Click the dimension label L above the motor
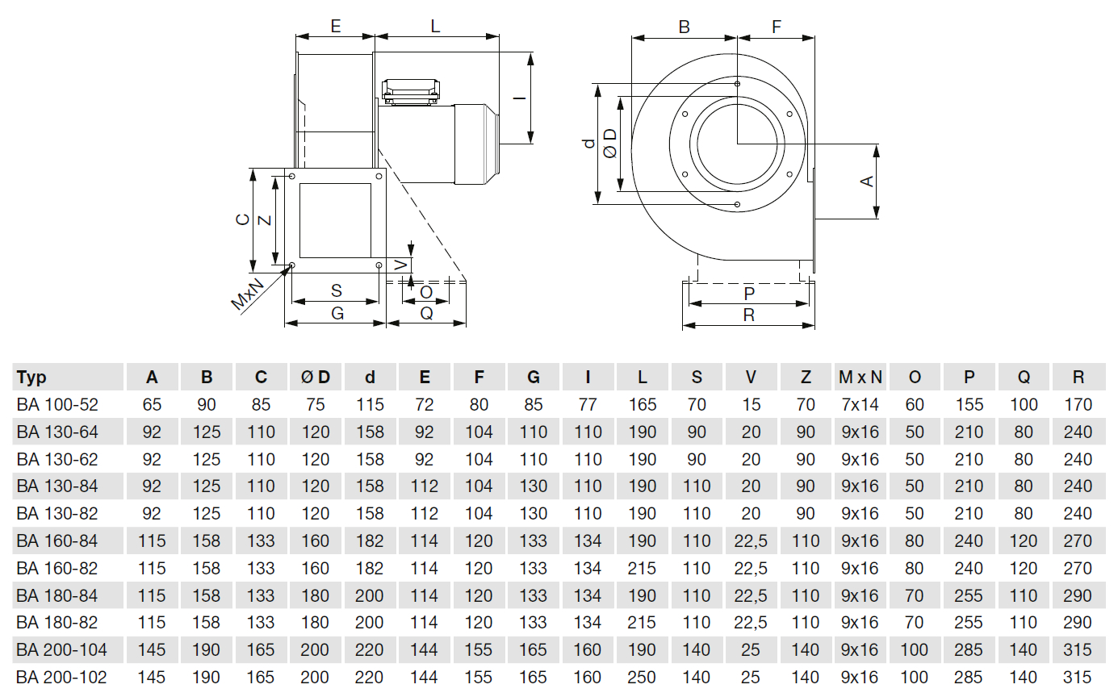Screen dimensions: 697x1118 click(x=435, y=26)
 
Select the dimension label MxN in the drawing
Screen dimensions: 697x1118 click(x=248, y=292)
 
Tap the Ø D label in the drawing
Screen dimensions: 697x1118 click(x=610, y=144)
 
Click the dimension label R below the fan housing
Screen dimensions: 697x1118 click(x=748, y=315)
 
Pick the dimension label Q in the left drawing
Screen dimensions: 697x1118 click(x=426, y=313)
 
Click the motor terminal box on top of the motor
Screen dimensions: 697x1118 click(x=411, y=91)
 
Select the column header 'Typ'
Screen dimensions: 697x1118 click(x=32, y=378)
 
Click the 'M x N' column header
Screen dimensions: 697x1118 click(x=860, y=378)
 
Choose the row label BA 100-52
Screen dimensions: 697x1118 click(x=57, y=405)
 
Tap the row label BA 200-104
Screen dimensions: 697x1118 click(x=61, y=649)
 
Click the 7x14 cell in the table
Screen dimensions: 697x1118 click(x=860, y=405)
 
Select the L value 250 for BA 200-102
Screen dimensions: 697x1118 click(x=643, y=677)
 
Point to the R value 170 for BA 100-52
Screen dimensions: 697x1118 click(x=1078, y=405)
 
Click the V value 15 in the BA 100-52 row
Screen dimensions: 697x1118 click(x=751, y=405)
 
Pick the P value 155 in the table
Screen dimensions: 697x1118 click(x=969, y=405)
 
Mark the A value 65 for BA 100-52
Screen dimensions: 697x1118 click(x=152, y=405)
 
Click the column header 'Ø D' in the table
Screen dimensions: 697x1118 click(x=315, y=378)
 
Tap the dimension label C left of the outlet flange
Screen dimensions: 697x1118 click(x=241, y=219)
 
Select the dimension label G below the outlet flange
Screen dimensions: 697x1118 click(x=337, y=313)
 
